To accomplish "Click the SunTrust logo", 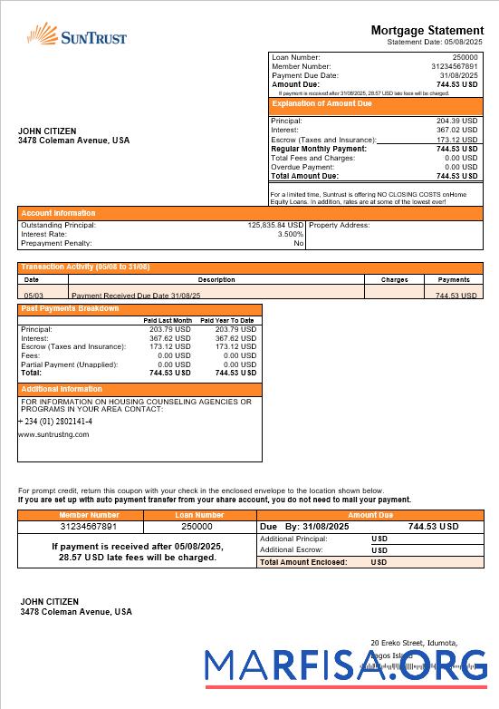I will click(x=77, y=36).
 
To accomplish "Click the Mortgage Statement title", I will click(x=427, y=31).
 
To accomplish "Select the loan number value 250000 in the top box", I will click(x=465, y=58).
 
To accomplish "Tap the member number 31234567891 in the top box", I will click(x=454, y=66).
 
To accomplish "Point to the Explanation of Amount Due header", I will click(x=322, y=104).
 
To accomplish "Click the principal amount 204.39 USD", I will click(x=456, y=121).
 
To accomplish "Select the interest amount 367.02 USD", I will click(x=456, y=130).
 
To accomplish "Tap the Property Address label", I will click(x=339, y=225).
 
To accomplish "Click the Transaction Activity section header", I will click(x=85, y=267).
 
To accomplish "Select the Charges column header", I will click(x=394, y=280).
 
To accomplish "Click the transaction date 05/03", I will click(x=33, y=296).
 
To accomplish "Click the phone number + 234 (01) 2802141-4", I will click(x=55, y=422).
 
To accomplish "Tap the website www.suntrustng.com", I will click(x=53, y=434).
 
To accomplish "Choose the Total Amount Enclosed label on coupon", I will click(x=303, y=562).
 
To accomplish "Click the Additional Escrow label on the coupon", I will click(x=291, y=550).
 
